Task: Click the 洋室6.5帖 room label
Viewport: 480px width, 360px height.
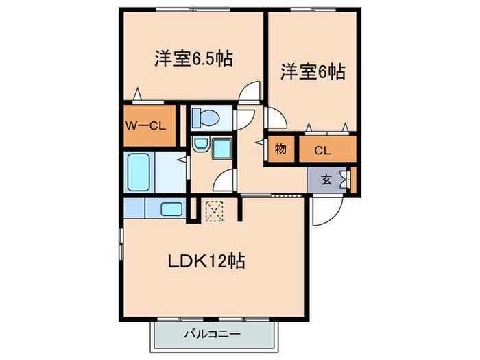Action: (193, 58)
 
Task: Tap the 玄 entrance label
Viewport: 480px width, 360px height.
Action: (327, 180)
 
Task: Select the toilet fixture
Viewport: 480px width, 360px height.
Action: (205, 118)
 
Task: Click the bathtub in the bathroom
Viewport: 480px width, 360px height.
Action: (140, 171)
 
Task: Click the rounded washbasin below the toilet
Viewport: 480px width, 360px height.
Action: (200, 145)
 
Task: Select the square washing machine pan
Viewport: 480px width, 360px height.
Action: (223, 147)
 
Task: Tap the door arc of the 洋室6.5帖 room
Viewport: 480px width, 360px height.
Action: (252, 92)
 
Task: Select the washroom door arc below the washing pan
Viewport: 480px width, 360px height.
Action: (224, 181)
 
